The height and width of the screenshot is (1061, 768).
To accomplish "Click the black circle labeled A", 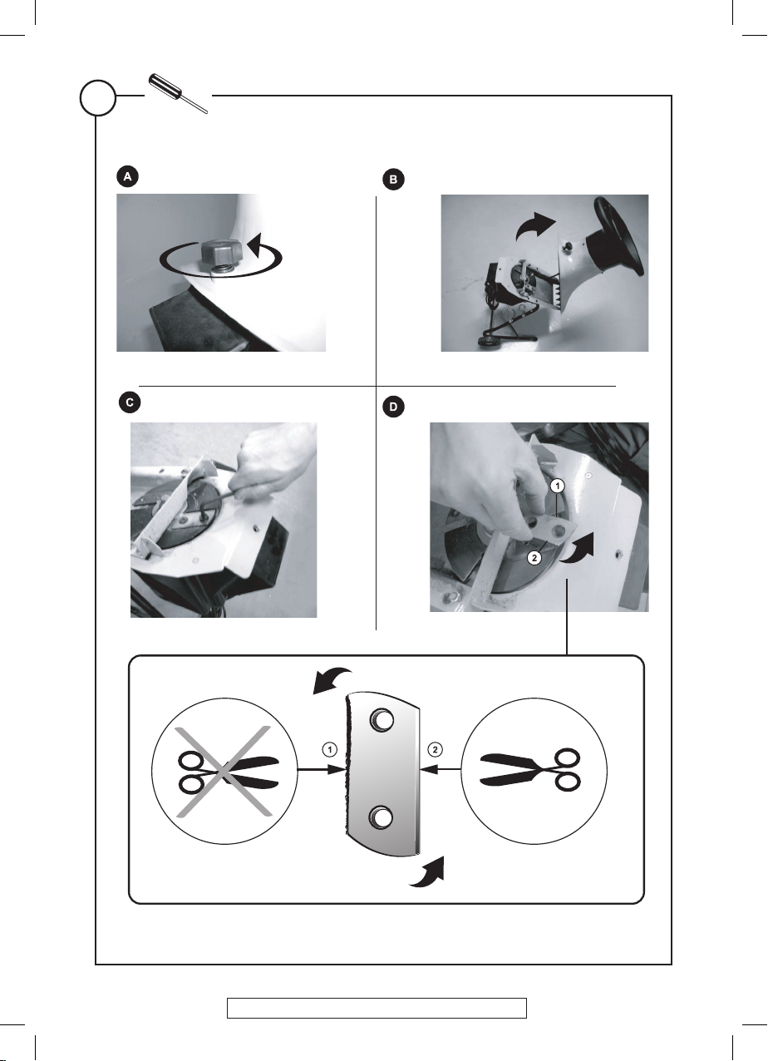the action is coord(127,177).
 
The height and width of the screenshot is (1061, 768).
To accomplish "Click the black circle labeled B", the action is coord(393,180).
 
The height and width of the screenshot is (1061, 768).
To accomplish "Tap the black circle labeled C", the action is coord(130,403).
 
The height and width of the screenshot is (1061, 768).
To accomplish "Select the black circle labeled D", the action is coord(393,407).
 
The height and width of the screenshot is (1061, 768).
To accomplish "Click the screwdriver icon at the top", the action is coord(179,93).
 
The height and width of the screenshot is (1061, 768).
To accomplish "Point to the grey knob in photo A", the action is coord(220,254).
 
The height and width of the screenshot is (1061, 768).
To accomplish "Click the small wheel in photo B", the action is coord(485,342).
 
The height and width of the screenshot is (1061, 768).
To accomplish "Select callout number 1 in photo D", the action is coord(559,486).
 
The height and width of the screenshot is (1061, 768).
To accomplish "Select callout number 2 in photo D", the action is coord(534,558).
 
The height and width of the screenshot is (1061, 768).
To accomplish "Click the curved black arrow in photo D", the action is coord(577,549).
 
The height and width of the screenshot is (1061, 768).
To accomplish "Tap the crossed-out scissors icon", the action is coord(224,771).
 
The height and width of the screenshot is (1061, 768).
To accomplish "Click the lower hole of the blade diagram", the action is coord(380,817).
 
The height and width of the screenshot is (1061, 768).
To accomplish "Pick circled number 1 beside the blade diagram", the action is coord(329,749).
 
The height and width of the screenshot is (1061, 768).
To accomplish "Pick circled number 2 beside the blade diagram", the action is coord(436,749).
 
